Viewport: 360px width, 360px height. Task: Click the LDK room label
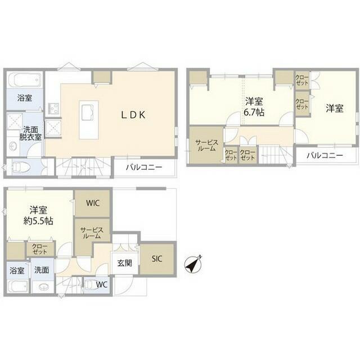pyautogui.click(x=133, y=115)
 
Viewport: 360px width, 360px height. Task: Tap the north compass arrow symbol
pyautogui.click(x=193, y=264)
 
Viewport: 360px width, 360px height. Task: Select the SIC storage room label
pyautogui.click(x=157, y=259)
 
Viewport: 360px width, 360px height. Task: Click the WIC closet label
pyautogui.click(x=93, y=203)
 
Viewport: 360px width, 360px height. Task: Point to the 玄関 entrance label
pyautogui.click(x=125, y=263)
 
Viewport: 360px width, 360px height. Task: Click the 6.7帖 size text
pyautogui.click(x=254, y=112)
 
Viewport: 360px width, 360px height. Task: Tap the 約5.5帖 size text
pyautogui.click(x=38, y=221)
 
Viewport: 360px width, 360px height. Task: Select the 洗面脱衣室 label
pyautogui.click(x=30, y=133)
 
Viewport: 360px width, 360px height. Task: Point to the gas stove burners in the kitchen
pyautogui.click(x=53, y=107)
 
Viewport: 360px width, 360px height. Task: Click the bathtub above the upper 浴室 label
pyautogui.click(x=24, y=80)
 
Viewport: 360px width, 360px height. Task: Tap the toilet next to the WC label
pyautogui.click(x=90, y=285)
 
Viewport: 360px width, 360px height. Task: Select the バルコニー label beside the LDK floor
pyautogui.click(x=144, y=167)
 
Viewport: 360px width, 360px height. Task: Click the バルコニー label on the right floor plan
pyautogui.click(x=325, y=156)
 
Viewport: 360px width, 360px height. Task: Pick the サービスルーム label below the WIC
pyautogui.click(x=92, y=233)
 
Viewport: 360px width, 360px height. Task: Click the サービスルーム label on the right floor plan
pyautogui.click(x=206, y=145)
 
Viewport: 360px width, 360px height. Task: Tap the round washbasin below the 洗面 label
pyautogui.click(x=43, y=287)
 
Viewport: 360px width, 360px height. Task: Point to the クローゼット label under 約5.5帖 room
pyautogui.click(x=39, y=249)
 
